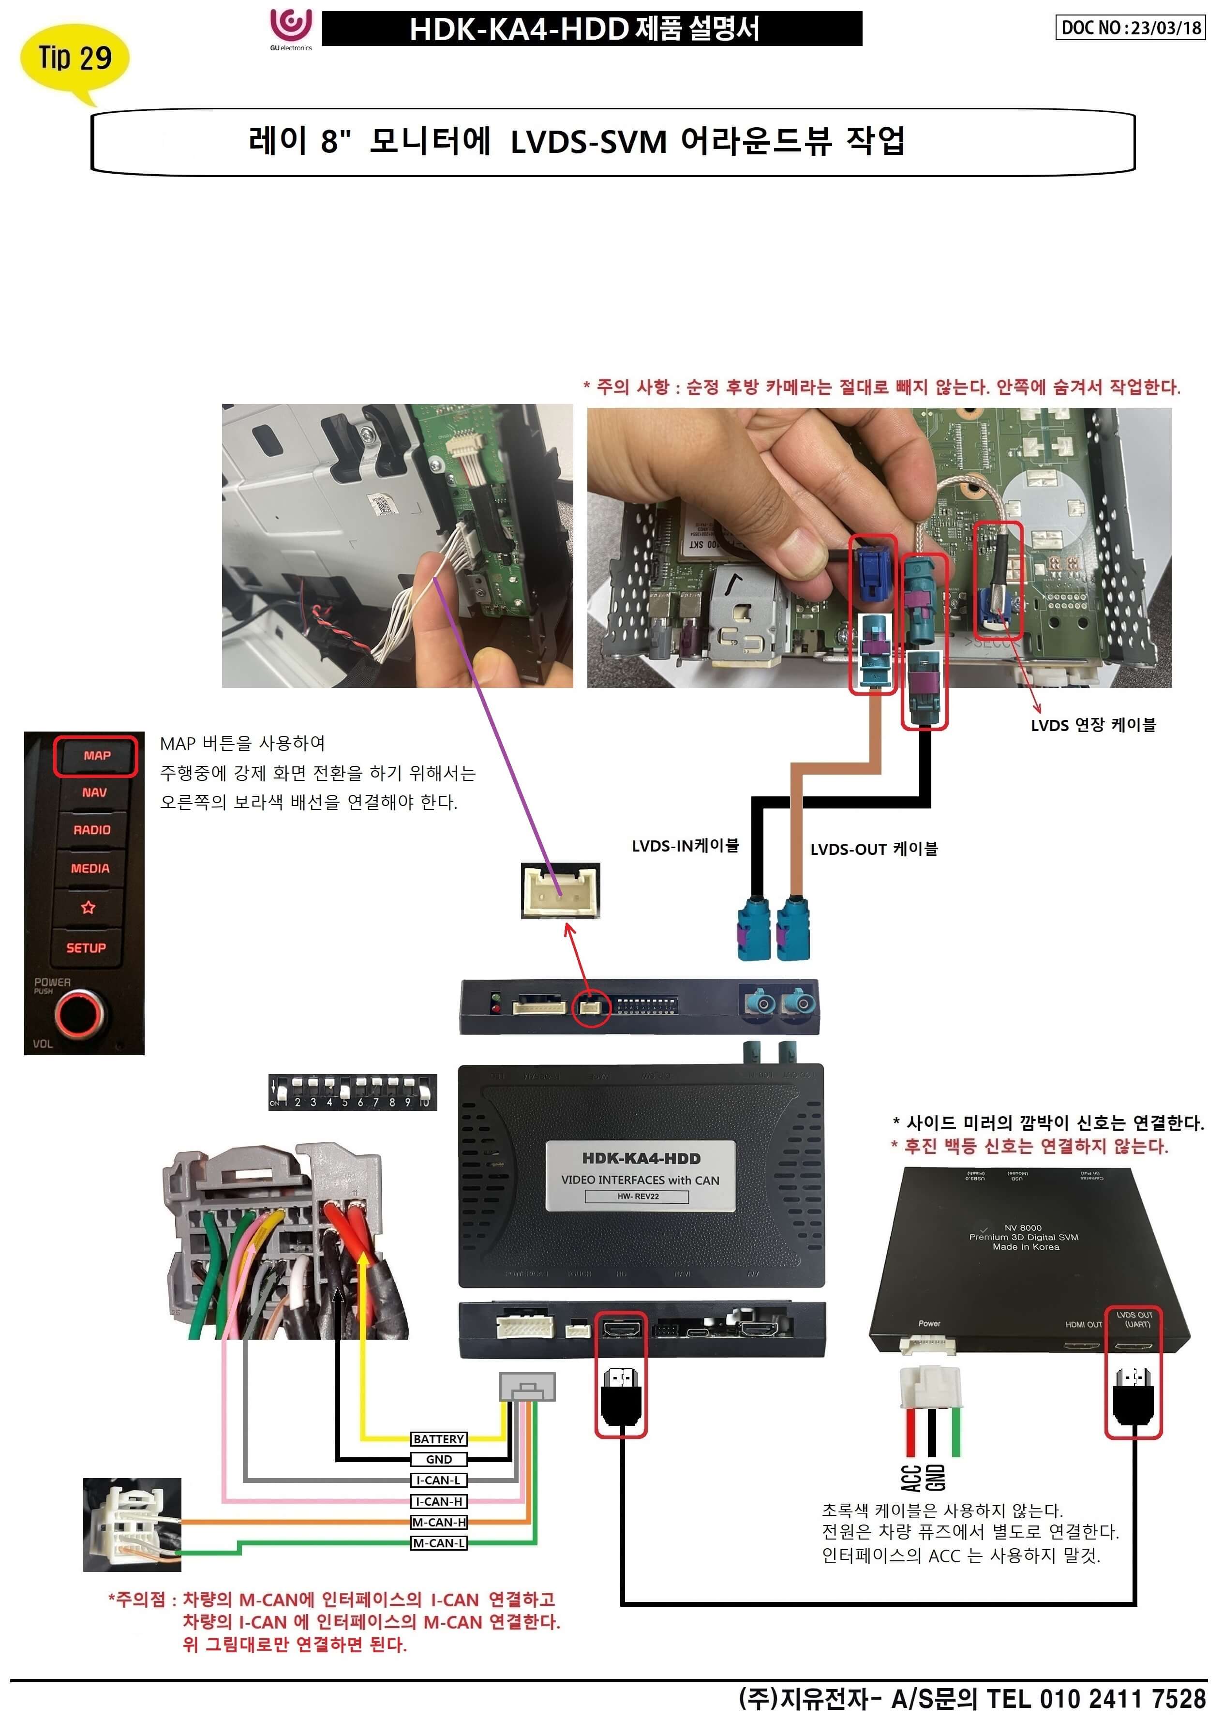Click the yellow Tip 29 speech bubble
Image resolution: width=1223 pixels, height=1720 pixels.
(x=74, y=58)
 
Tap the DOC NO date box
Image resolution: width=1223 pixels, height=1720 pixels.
(x=1130, y=28)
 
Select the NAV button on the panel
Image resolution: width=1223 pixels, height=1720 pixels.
(x=94, y=792)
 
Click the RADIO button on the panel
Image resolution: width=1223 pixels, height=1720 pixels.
(x=92, y=829)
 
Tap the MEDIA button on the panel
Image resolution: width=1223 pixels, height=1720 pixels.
(x=90, y=868)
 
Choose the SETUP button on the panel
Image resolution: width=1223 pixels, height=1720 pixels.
(x=86, y=947)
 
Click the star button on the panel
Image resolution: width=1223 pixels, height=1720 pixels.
(x=88, y=908)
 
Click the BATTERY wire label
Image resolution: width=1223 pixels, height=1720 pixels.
(x=438, y=1439)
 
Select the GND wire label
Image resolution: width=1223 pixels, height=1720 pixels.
(x=438, y=1459)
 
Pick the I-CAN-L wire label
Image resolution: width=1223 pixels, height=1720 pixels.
(x=438, y=1480)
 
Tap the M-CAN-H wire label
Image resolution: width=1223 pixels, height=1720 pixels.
(x=438, y=1522)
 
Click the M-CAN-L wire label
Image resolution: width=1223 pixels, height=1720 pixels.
(x=438, y=1543)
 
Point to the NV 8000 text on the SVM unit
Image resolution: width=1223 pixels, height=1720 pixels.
(x=1023, y=1227)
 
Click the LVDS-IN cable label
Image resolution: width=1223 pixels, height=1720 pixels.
(x=685, y=846)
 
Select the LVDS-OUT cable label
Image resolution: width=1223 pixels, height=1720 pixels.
(x=874, y=849)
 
